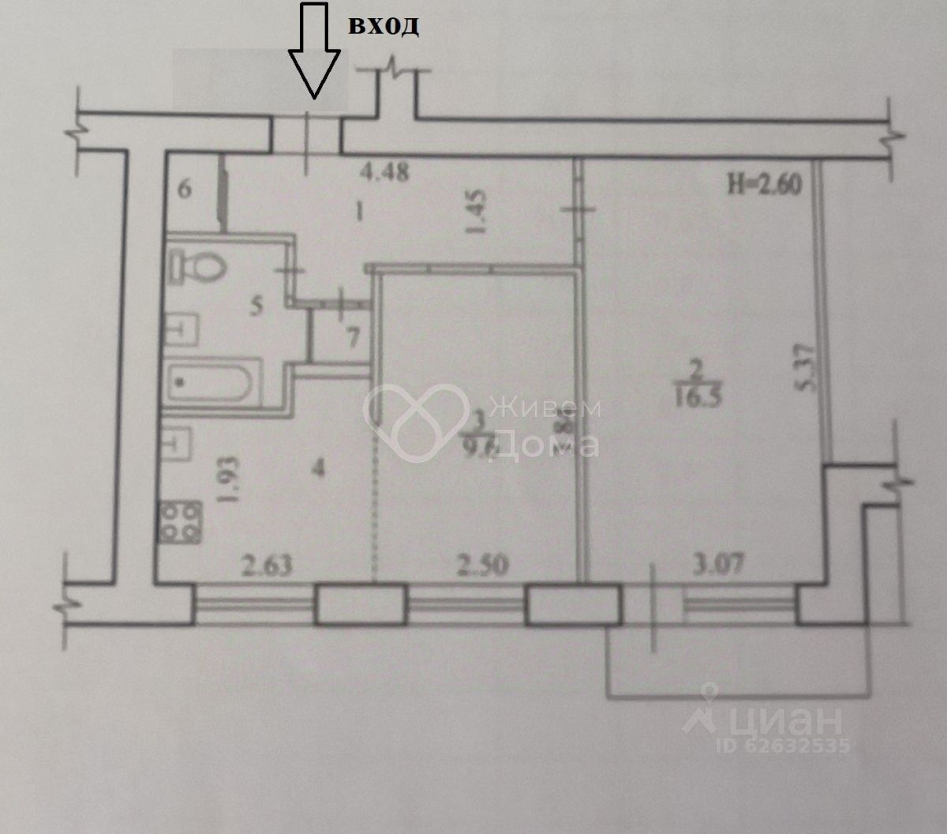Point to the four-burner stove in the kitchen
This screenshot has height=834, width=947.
click(x=180, y=523)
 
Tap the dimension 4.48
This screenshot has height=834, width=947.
click(x=384, y=171)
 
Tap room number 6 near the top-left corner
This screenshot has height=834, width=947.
click(x=185, y=190)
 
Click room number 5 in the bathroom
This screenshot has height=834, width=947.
click(x=255, y=306)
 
